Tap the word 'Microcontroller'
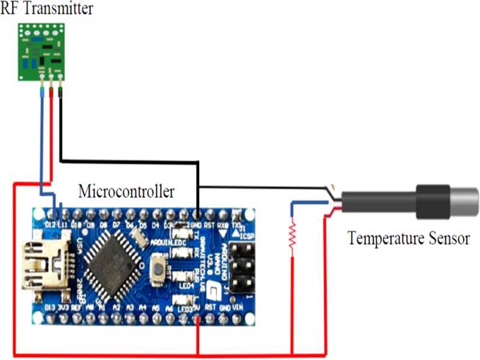point(127,191)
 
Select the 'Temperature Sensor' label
point(409,238)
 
